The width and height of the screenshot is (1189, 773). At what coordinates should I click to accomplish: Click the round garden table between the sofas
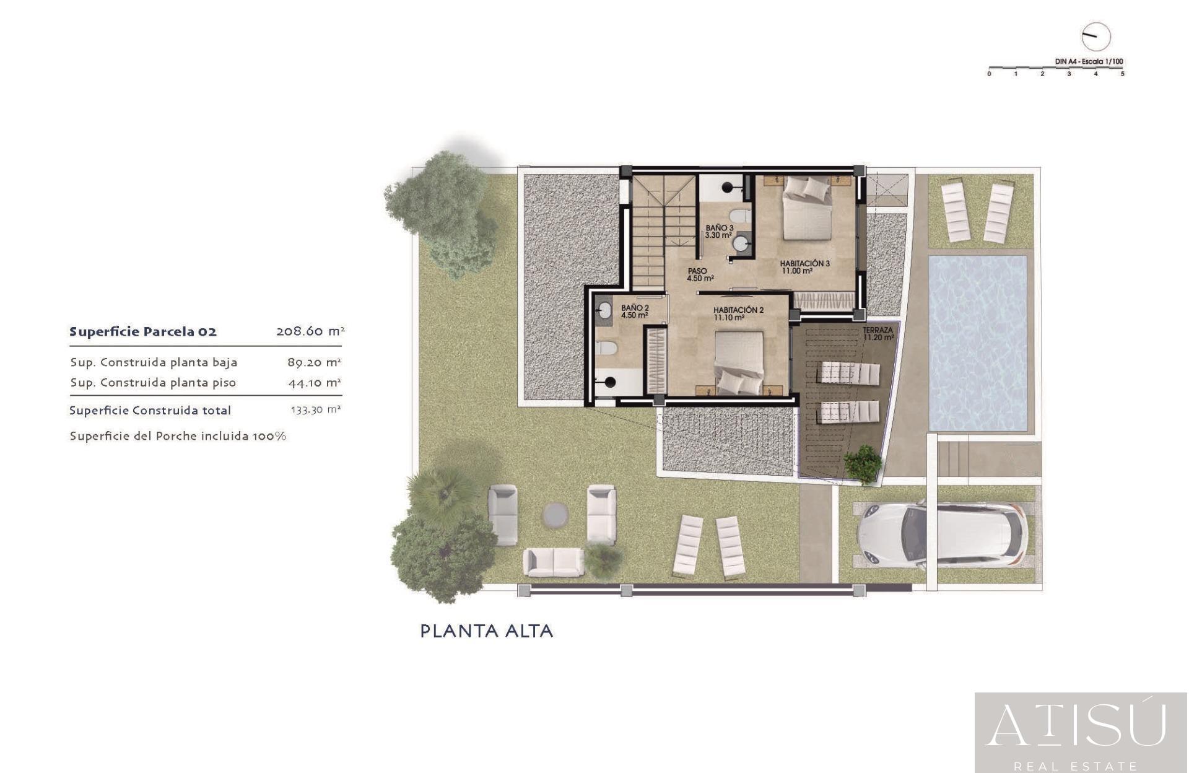tap(555, 514)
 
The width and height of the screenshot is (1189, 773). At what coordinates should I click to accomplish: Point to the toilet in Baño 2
tap(606, 348)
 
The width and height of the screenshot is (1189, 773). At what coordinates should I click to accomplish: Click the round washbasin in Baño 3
tap(741, 243)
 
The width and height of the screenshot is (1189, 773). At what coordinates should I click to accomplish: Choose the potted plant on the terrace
tap(863, 463)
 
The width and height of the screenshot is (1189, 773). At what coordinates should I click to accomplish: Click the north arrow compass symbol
tap(1095, 37)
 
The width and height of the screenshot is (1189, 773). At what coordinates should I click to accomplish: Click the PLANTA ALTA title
tap(487, 631)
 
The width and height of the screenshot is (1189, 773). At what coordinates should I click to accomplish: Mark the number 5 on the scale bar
tap(1122, 74)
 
